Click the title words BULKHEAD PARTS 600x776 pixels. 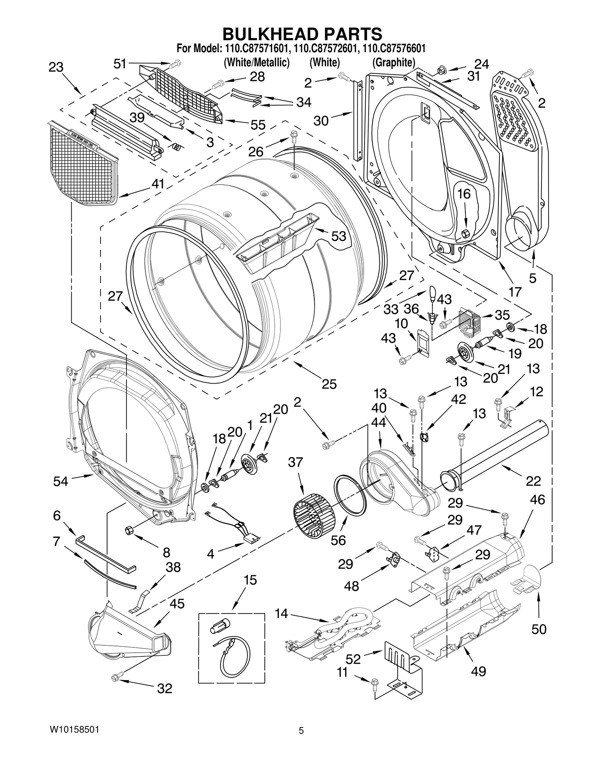click(302, 34)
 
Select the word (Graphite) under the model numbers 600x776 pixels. click(393, 62)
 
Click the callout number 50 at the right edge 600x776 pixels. click(538, 629)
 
